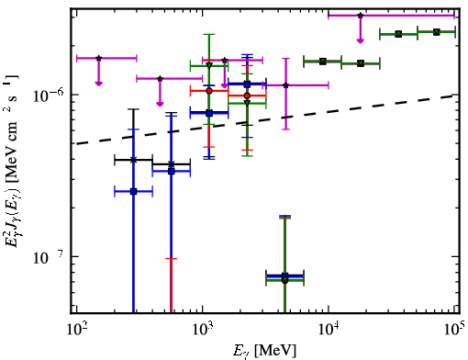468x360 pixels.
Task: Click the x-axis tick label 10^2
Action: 77,331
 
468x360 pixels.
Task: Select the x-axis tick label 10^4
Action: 329,331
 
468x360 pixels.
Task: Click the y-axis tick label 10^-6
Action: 49,96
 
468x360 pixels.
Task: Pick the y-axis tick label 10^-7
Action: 49,257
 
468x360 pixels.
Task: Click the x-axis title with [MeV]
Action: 265,351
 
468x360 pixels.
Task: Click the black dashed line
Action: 265,119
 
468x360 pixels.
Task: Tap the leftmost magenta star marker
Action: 98,58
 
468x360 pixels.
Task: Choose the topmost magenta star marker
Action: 361,16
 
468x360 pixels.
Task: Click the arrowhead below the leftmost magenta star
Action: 98,83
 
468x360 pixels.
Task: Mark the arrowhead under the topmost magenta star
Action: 361,40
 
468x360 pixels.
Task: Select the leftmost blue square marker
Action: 133,192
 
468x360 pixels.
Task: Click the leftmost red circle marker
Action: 209,91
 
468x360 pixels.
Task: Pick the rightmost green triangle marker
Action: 437,32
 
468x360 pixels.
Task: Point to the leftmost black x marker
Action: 133,160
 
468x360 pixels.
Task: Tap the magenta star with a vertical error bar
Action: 285,85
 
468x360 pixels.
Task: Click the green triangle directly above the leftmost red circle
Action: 209,65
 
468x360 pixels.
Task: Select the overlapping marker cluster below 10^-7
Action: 284,278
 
